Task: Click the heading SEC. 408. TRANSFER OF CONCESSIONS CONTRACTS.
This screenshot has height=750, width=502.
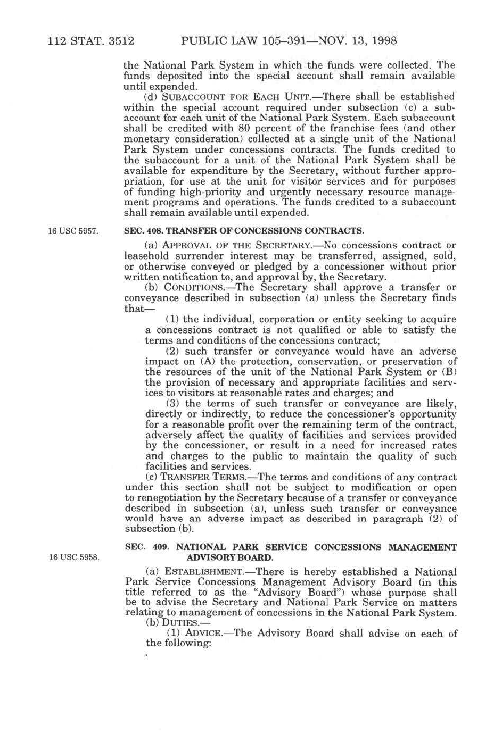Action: tap(244, 231)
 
